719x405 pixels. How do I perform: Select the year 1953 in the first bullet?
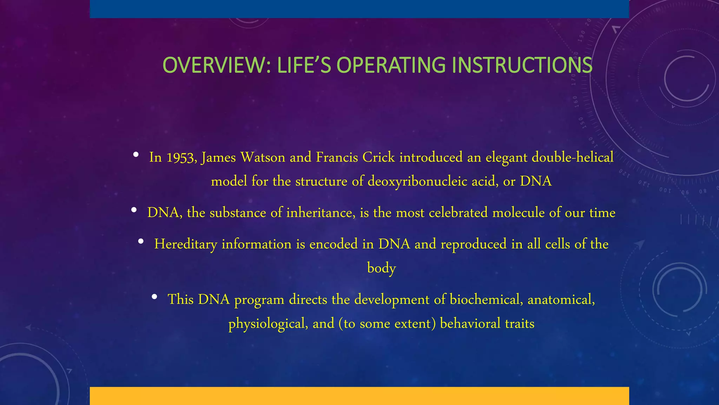[x=181, y=157]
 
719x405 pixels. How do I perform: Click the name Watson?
[x=263, y=157]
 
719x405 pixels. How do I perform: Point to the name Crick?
[x=378, y=157]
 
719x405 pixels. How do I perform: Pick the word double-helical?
[x=573, y=157]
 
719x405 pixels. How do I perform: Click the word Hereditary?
[x=186, y=244]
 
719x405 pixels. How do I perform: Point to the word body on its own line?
[x=381, y=268]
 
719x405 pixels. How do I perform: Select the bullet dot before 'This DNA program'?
[x=154, y=297]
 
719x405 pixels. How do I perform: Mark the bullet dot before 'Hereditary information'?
[x=141, y=241]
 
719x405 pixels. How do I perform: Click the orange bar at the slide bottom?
[x=359, y=396]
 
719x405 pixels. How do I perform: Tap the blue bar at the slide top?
[x=359, y=9]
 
